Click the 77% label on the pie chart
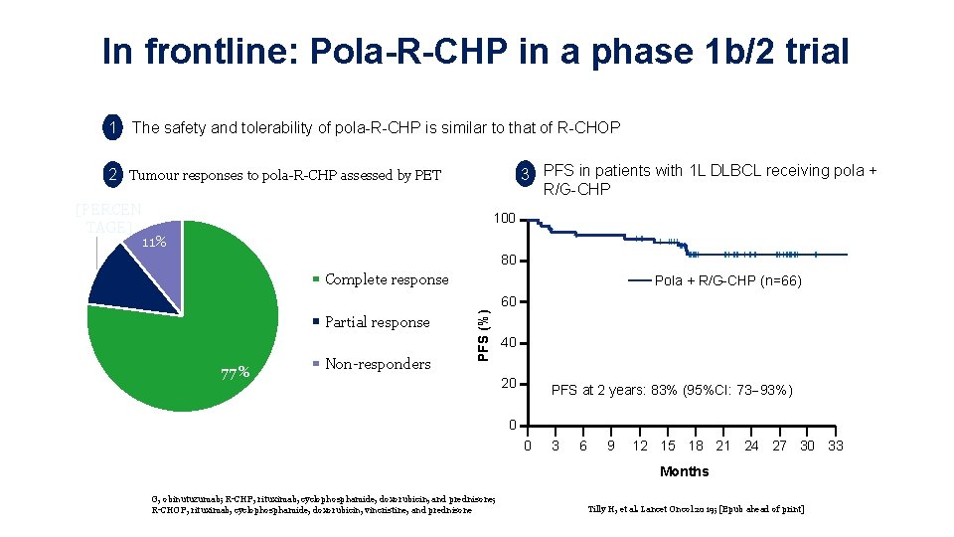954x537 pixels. coord(235,374)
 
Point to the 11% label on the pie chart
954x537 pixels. coord(153,243)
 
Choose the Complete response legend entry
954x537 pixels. coord(386,279)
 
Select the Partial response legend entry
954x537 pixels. coord(377,322)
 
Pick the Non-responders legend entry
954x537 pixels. coord(377,364)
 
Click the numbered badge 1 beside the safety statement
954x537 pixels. coord(114,127)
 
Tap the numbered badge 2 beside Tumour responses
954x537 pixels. coord(114,175)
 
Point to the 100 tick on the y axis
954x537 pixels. coord(506,219)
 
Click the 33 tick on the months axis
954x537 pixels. coord(836,446)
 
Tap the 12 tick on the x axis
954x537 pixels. coord(641,446)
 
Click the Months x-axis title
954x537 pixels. coord(684,471)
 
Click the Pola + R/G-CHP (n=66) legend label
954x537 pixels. coord(727,281)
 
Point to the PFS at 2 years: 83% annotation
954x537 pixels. coord(672,390)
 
